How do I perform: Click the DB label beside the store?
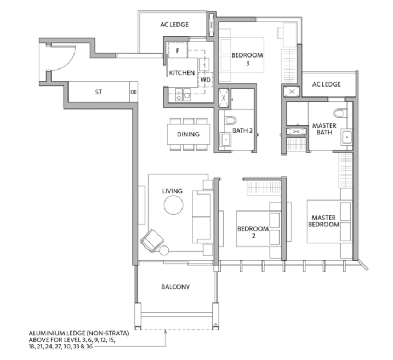coord(134,92)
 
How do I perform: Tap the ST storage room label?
coord(99,92)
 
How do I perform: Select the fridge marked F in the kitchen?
coord(178,50)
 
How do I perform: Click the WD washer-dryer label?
coord(206,79)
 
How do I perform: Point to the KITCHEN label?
coord(182,73)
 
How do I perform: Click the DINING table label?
coord(188,134)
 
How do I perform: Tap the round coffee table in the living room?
coord(173,205)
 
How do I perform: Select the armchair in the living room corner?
coord(152,241)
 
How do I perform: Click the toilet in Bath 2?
coord(230,121)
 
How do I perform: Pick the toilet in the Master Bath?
coord(339,113)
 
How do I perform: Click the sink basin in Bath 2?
coord(226,140)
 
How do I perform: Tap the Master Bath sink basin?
coord(347,138)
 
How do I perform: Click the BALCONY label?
coord(175,287)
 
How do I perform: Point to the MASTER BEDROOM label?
coord(323,221)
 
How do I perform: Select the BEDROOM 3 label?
coord(247,59)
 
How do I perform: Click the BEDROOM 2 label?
coord(253,232)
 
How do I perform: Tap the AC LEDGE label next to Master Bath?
coord(326,84)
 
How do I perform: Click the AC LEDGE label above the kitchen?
coord(174,25)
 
